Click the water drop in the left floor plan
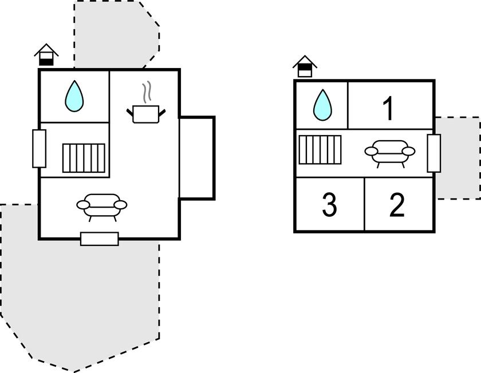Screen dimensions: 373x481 click(x=74, y=96)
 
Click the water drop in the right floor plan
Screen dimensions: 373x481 click(x=323, y=105)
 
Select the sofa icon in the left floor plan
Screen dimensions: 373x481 click(x=102, y=206)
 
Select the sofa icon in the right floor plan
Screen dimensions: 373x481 click(x=389, y=152)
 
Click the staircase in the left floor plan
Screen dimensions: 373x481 click(x=84, y=158)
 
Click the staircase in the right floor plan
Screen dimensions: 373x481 click(x=320, y=149)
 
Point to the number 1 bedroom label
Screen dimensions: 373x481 click(x=388, y=109)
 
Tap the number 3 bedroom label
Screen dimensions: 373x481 click(x=329, y=205)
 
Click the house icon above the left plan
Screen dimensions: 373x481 click(x=46, y=55)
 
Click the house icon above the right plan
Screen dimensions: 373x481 click(x=305, y=66)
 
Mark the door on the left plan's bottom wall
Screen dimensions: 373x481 click(x=99, y=239)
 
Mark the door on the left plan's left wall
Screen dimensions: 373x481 click(x=39, y=148)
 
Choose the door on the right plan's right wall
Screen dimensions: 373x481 click(x=434, y=153)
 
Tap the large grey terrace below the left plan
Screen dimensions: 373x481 click(x=74, y=297)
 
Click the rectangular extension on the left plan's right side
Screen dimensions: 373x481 click(x=196, y=158)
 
